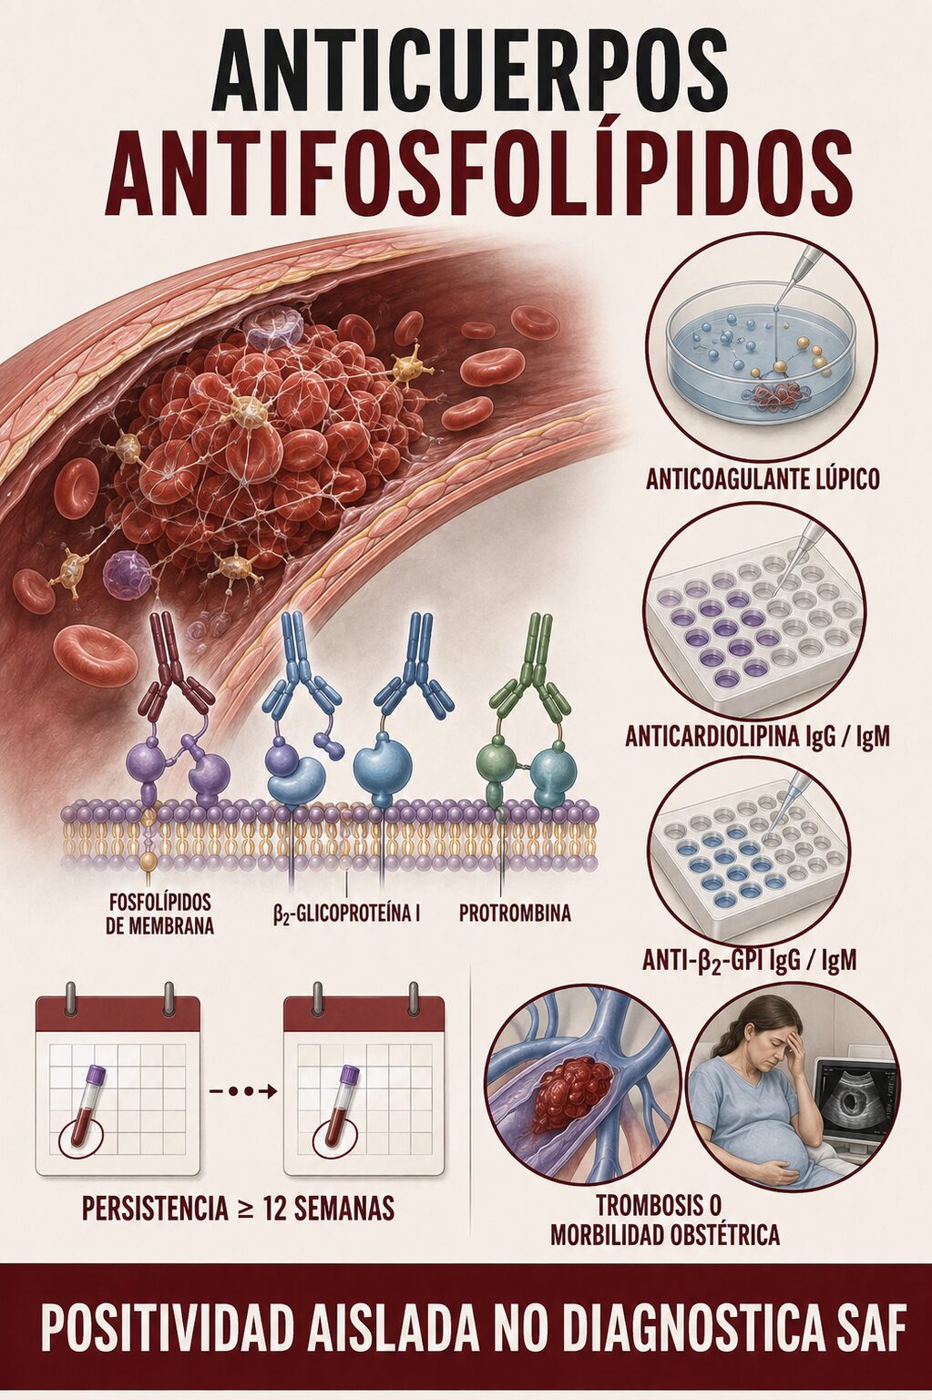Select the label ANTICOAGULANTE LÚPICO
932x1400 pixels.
pyautogui.click(x=763, y=479)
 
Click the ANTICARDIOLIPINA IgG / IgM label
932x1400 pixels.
pyautogui.click(x=758, y=738)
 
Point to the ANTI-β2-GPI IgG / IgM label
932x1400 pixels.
pyautogui.click(x=749, y=960)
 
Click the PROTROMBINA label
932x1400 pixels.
pyautogui.click(x=515, y=913)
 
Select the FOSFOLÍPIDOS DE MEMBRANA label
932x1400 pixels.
pyautogui.click(x=160, y=913)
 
